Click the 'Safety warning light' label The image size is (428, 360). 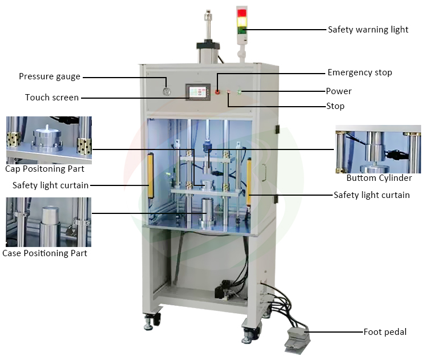tap(368, 30)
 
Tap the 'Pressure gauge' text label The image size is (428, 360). tap(50, 76)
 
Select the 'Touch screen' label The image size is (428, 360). tap(52, 98)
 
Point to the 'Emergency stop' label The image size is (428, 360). tap(360, 72)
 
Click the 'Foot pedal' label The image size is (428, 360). tap(385, 331)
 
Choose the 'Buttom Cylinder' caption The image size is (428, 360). tap(379, 178)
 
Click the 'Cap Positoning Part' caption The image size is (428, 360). tap(45, 169)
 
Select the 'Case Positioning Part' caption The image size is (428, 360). tap(45, 253)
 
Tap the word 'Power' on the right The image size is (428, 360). tap(338, 91)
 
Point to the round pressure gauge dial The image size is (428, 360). tap(167, 91)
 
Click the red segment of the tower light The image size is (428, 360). tap(242, 13)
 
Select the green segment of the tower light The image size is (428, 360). tap(242, 30)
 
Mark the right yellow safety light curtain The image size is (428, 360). tap(249, 177)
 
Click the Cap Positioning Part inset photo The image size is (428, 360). tap(49, 140)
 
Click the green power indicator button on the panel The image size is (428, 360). tap(239, 91)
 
